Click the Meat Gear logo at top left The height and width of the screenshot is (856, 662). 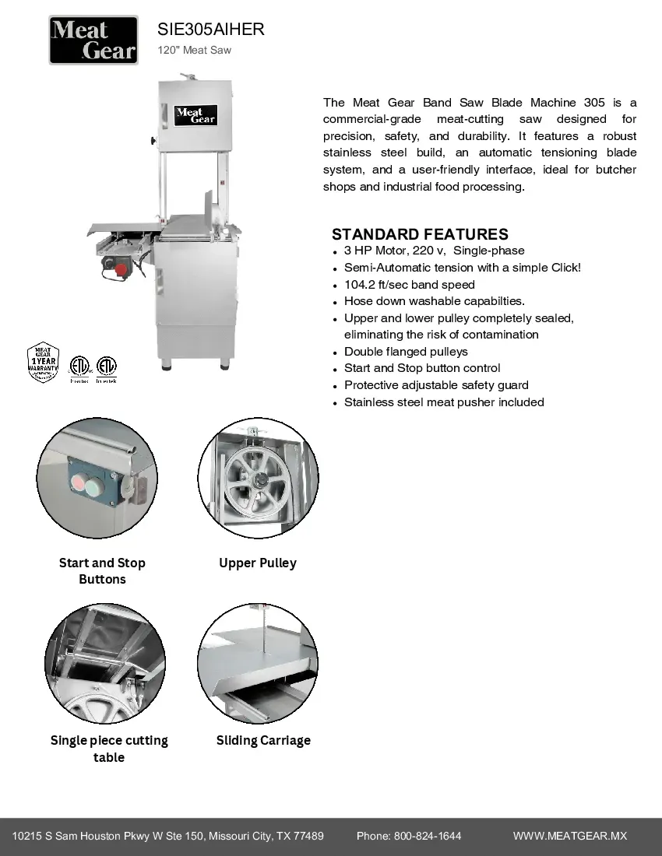93,40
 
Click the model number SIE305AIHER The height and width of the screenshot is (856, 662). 210,30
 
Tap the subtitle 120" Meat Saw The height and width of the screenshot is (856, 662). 194,51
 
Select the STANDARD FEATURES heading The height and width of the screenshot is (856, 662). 420,234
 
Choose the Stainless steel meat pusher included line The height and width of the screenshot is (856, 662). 444,402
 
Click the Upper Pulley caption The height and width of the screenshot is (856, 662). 258,563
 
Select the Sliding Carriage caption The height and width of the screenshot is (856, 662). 263,740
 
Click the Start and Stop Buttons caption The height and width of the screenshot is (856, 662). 102,570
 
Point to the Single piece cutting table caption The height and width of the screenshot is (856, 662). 109,749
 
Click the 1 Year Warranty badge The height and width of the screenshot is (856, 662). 44,361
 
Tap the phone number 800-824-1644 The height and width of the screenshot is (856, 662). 427,836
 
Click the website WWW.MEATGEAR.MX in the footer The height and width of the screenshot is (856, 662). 570,836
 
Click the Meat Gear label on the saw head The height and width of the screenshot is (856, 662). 195,116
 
